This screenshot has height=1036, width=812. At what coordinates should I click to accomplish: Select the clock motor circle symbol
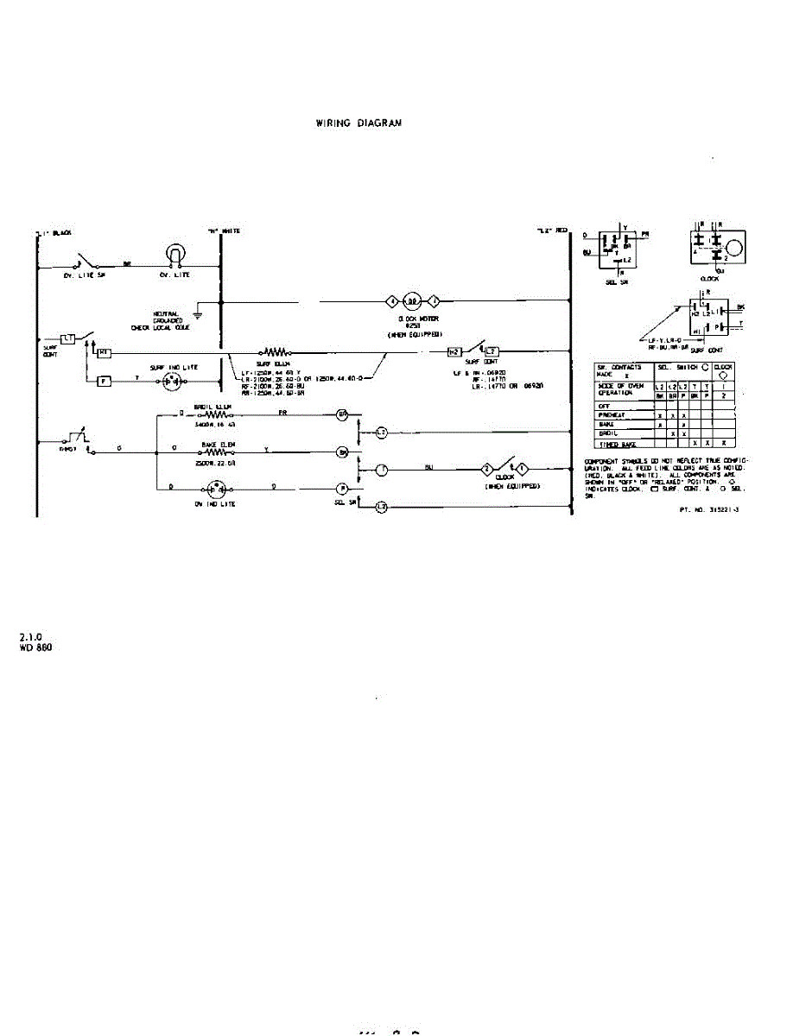(413, 300)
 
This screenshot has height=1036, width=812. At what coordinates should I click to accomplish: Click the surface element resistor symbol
(276, 352)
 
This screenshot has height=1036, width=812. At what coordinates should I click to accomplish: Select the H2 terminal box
(454, 352)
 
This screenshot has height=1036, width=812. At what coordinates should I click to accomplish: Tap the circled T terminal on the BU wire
(381, 469)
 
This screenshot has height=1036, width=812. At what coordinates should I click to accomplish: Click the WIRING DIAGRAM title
(359, 123)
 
